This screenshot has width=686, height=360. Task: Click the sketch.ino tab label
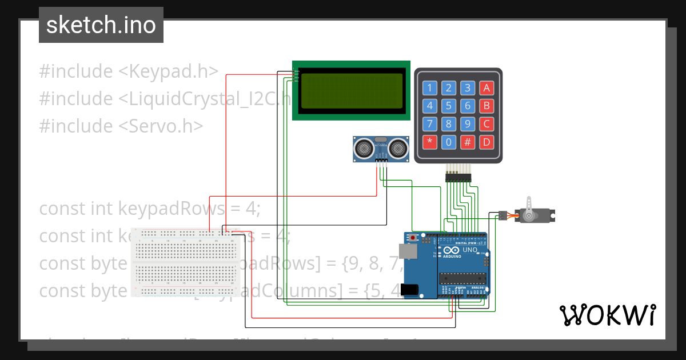(101, 25)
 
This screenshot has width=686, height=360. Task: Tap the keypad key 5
(449, 106)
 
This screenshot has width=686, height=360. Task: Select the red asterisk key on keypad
(430, 141)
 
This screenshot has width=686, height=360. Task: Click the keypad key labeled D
(486, 141)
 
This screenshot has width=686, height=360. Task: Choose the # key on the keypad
(468, 141)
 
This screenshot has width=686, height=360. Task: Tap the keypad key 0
(449, 141)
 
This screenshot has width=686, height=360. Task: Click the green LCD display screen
(352, 90)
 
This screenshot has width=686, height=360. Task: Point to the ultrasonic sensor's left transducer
(363, 149)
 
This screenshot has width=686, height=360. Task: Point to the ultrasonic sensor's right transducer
(398, 149)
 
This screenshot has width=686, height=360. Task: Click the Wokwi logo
(607, 315)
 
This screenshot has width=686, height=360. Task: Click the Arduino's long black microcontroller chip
(463, 278)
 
